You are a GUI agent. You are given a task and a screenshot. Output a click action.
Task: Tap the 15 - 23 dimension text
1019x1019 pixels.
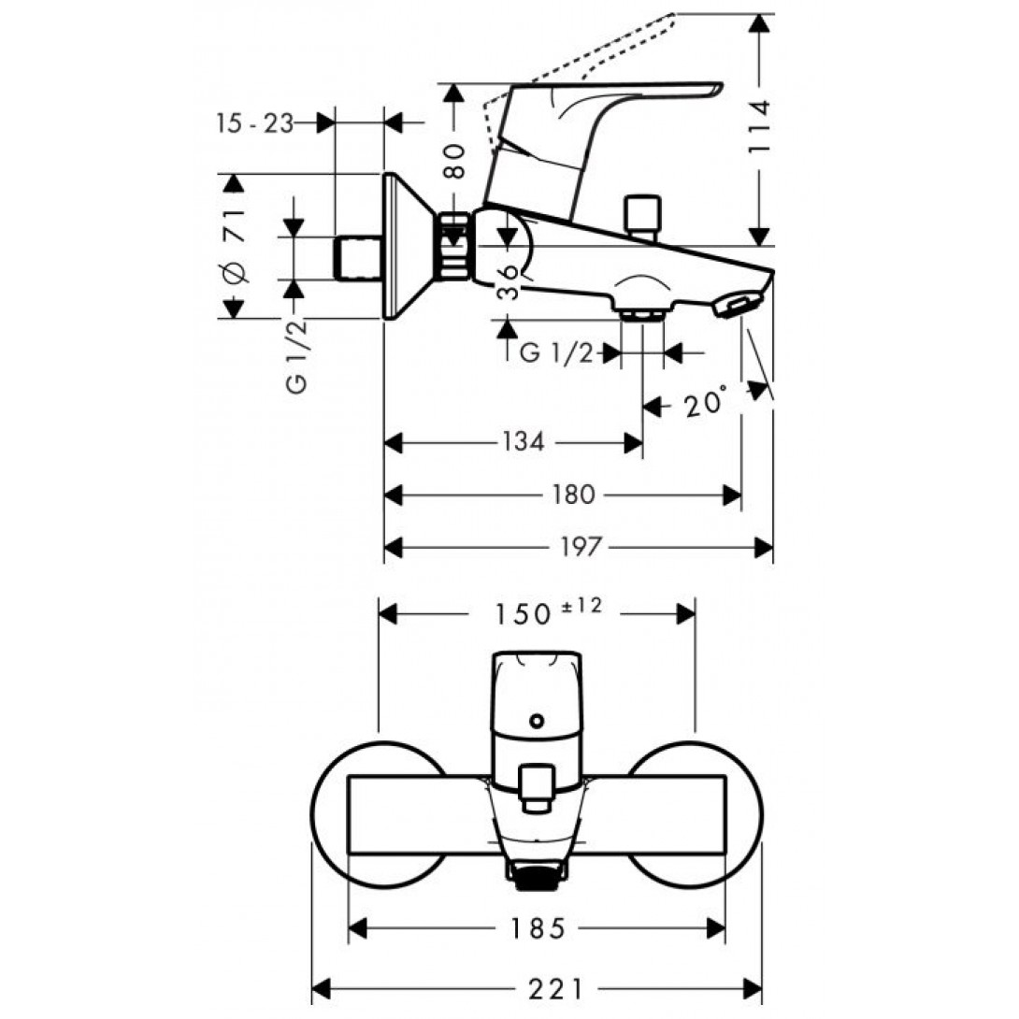coord(253,122)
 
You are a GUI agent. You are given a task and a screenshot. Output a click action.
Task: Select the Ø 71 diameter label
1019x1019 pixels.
coord(234,248)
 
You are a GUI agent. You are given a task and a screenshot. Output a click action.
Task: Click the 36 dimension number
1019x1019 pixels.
coord(509,280)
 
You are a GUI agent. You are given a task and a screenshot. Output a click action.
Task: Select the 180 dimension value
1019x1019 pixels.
coord(571,495)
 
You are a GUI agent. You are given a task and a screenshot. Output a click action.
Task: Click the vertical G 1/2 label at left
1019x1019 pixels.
coord(297,357)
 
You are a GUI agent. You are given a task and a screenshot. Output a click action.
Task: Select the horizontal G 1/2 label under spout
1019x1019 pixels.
coord(555,353)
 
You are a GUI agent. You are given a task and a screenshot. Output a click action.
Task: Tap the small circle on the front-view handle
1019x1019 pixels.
coord(536,721)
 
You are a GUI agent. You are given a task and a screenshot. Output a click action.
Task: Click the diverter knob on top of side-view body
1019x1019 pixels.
coord(642,214)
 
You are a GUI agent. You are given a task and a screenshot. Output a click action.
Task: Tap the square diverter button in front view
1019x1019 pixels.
coord(536,785)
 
